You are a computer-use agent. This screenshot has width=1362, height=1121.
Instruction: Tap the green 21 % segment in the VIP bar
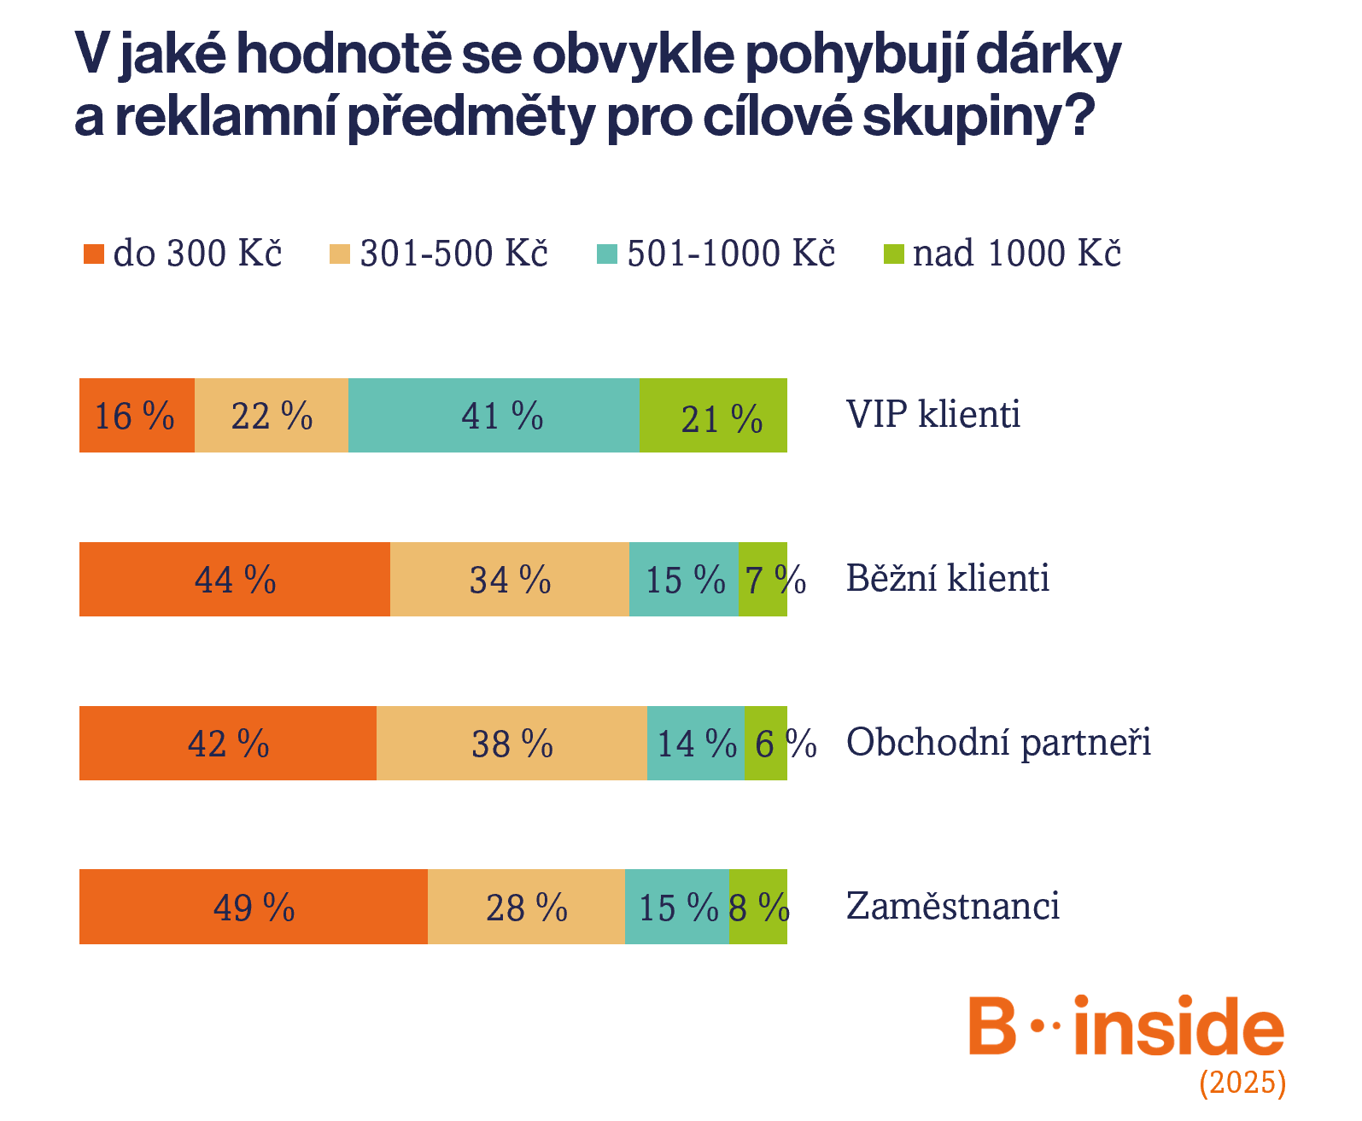point(713,416)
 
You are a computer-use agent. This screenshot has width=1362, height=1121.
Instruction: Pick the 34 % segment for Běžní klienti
point(510,580)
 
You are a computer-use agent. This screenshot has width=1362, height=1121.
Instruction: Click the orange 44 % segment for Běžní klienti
point(235,580)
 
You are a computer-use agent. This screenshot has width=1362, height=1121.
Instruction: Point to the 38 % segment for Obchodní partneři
point(511,744)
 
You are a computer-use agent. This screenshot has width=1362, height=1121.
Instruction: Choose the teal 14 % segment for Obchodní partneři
point(695,744)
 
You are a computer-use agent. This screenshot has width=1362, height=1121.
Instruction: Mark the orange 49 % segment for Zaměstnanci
point(253,907)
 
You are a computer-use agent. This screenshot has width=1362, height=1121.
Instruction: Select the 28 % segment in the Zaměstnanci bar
point(526,907)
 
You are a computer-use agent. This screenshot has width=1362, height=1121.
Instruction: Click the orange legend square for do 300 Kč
point(93,254)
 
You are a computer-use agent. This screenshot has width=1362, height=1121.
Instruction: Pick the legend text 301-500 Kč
point(453,254)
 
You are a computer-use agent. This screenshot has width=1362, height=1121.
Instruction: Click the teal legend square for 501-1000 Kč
point(606,254)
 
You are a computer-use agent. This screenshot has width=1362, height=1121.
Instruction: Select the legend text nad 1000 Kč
point(1016,254)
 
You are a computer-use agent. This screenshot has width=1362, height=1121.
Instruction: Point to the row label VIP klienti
point(932,415)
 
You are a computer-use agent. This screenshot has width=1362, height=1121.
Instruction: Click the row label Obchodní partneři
point(997,743)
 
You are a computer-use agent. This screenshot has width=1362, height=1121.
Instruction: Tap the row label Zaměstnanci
point(952,907)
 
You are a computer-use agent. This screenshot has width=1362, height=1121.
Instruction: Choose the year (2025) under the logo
point(1242,1083)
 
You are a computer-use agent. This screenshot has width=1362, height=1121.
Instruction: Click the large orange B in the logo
point(991,1026)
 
